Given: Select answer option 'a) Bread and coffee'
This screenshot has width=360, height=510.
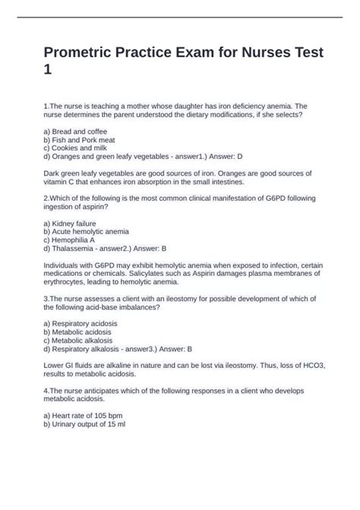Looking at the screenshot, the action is click(x=75, y=131).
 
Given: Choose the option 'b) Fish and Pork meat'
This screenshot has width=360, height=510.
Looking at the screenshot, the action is click(x=80, y=141).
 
